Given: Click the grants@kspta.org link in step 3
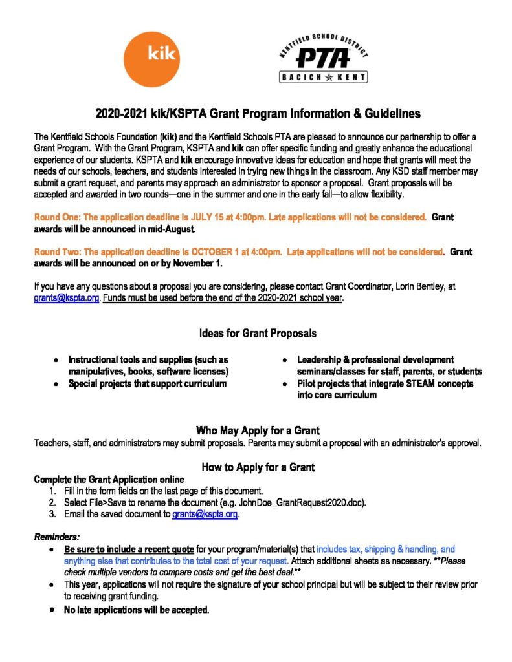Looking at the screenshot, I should (x=205, y=514).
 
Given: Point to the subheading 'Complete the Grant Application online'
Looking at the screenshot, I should (x=109, y=479).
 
